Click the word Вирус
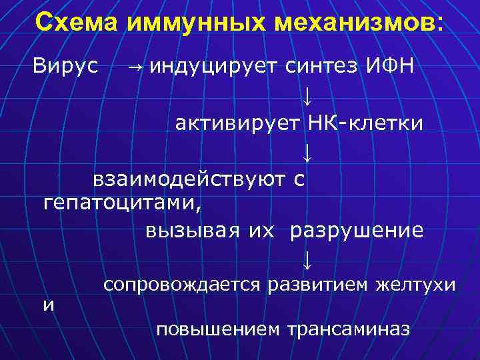pyautogui.click(x=66, y=66)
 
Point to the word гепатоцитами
pyautogui.click(x=121, y=202)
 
